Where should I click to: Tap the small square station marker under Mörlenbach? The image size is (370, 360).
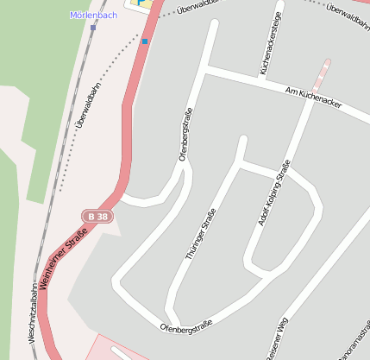93,28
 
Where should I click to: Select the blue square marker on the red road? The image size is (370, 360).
145,41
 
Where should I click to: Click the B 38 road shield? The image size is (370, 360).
98,216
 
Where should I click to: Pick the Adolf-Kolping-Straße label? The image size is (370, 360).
273,193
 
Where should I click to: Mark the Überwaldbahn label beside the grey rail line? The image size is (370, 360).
87,104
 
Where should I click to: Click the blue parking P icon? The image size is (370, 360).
143,3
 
